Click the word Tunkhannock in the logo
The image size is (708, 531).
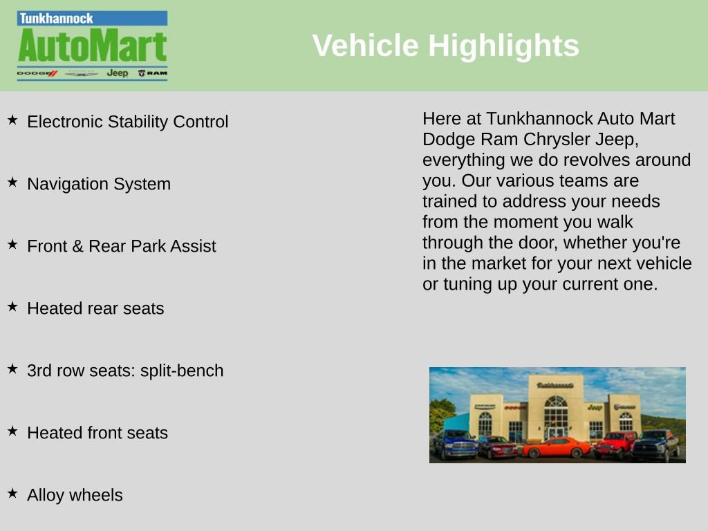pyautogui.click(x=57, y=19)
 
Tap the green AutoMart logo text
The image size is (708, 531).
pyautogui.click(x=93, y=46)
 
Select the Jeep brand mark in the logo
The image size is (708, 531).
pyautogui.click(x=118, y=73)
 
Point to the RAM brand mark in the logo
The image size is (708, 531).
pyautogui.click(x=153, y=73)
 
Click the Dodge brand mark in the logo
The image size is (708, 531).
pyautogui.click(x=37, y=73)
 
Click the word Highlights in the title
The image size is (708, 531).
pyautogui.click(x=503, y=46)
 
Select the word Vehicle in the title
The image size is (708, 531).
pyautogui.click(x=365, y=46)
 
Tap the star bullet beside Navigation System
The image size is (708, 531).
pyautogui.click(x=12, y=182)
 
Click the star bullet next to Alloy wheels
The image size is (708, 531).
pyautogui.click(x=12, y=493)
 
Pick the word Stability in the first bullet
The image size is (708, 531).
pyautogui.click(x=138, y=122)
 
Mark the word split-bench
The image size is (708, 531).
pyautogui.click(x=182, y=371)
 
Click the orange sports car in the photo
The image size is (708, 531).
pyautogui.click(x=557, y=447)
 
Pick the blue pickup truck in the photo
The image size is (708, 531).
pyautogui.click(x=455, y=445)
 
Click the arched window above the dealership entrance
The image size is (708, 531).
pyautogui.click(x=556, y=402)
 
